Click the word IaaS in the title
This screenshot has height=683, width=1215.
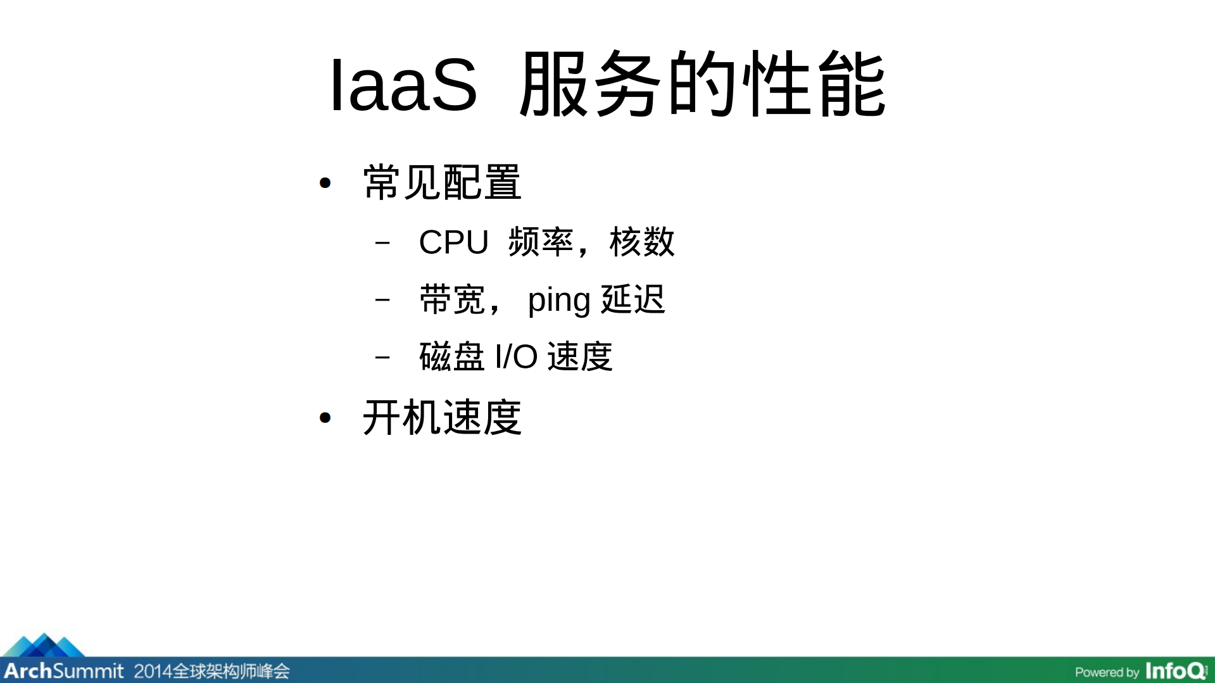point(403,84)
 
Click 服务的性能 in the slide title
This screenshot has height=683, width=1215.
point(702,84)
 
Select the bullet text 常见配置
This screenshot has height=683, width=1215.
point(442,183)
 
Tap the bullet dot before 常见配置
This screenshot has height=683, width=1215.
point(325,184)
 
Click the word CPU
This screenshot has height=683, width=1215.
point(453,242)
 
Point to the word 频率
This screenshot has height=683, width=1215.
point(541,242)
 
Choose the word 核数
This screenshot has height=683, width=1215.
point(642,242)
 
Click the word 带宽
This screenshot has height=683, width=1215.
point(452,299)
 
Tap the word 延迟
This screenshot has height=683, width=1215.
point(633,299)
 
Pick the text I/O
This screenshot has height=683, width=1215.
point(516,356)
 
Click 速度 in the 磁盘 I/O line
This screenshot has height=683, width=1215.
point(580,356)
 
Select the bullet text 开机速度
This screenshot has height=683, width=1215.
point(442,418)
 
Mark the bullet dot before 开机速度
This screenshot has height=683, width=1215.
point(325,418)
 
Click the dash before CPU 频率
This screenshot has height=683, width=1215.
point(382,242)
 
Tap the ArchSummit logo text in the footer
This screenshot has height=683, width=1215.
point(64,671)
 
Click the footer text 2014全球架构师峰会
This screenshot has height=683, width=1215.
point(211,671)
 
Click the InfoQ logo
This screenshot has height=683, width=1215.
point(1176,671)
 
